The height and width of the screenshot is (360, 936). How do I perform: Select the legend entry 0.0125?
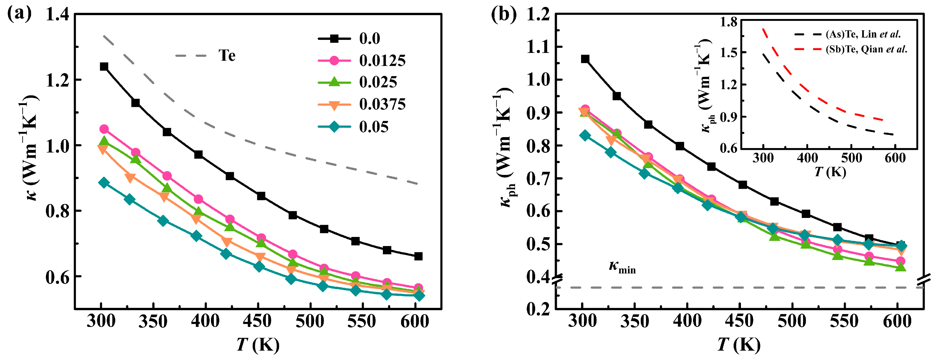382,61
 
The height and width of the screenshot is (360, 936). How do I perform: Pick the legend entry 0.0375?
382,105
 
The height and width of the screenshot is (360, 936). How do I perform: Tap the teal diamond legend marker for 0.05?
334,127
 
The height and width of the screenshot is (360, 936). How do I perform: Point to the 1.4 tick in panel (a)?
57,15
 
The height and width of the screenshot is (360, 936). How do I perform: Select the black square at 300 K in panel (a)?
104,66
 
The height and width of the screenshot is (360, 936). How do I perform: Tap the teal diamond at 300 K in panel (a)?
104,183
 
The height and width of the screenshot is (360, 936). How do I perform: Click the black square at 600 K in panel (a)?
418,256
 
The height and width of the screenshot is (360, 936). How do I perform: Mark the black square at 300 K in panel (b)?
585,59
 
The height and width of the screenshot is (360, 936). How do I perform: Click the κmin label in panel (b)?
622,267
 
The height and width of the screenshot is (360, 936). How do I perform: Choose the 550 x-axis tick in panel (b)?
844,321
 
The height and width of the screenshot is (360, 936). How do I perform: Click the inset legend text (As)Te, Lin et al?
863,34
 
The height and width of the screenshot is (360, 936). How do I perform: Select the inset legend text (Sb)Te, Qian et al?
866,49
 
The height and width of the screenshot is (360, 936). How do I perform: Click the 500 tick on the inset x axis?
851,158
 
